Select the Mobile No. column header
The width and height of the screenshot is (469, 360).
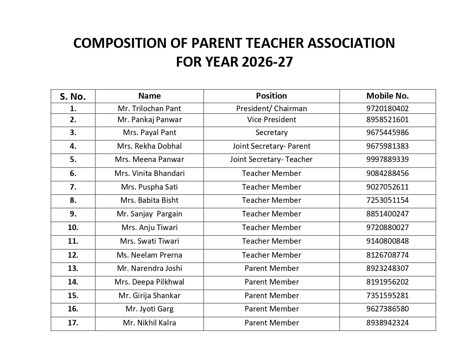click(x=387, y=96)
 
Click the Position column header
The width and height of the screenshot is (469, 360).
click(x=271, y=96)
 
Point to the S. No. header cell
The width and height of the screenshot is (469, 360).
click(x=73, y=96)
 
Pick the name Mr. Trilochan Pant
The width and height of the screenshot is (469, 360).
click(x=149, y=109)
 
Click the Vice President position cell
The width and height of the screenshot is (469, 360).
click(x=271, y=120)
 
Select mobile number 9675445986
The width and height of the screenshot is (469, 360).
click(x=387, y=133)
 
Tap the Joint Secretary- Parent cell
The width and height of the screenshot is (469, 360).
click(x=271, y=146)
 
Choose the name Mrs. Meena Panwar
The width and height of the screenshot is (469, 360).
click(x=149, y=159)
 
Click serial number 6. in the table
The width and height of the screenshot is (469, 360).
click(x=73, y=173)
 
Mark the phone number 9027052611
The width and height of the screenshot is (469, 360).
click(x=387, y=187)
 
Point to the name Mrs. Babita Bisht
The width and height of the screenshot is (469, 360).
click(x=149, y=200)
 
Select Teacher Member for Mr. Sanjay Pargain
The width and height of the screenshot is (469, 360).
click(x=271, y=214)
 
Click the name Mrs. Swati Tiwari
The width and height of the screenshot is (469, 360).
click(x=149, y=241)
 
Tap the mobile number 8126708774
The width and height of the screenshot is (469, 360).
click(x=387, y=255)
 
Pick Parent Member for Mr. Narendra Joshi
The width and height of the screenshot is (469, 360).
click(x=271, y=268)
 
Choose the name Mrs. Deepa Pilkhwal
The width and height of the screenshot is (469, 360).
click(x=149, y=282)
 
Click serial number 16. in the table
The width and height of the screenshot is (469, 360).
click(x=73, y=309)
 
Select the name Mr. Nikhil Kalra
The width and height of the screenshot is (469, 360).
click(x=149, y=323)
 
